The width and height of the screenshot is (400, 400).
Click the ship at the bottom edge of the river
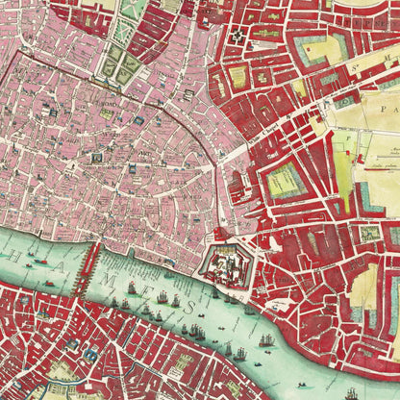pos(352,391)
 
